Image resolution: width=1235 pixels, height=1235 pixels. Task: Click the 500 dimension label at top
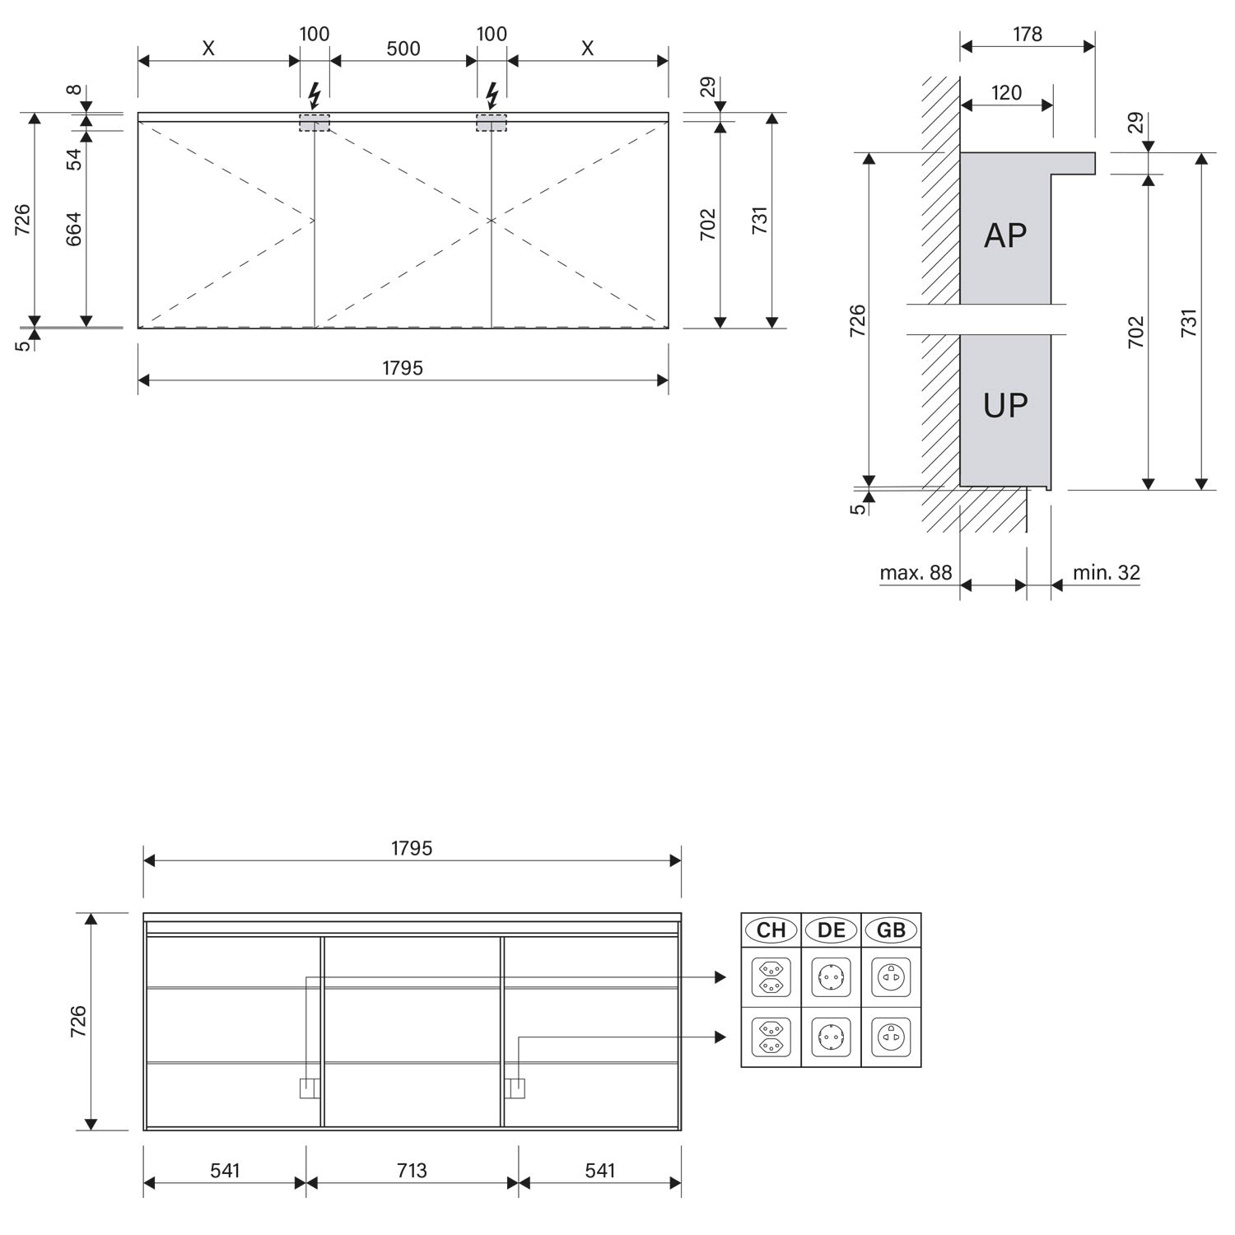click(403, 49)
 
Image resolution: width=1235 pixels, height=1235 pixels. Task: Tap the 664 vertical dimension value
click(74, 231)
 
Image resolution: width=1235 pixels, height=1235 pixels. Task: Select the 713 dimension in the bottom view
click(412, 1170)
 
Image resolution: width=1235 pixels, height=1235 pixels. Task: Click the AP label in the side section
click(1005, 235)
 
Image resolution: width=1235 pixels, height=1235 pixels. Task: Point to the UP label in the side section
click(1005, 405)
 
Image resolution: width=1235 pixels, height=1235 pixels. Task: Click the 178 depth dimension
click(1028, 34)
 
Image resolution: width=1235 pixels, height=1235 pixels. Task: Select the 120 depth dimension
click(1006, 92)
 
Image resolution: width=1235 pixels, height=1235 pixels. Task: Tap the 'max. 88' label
click(916, 572)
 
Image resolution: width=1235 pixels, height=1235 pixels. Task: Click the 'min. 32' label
click(1107, 572)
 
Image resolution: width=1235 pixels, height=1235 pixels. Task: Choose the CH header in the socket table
click(771, 930)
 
